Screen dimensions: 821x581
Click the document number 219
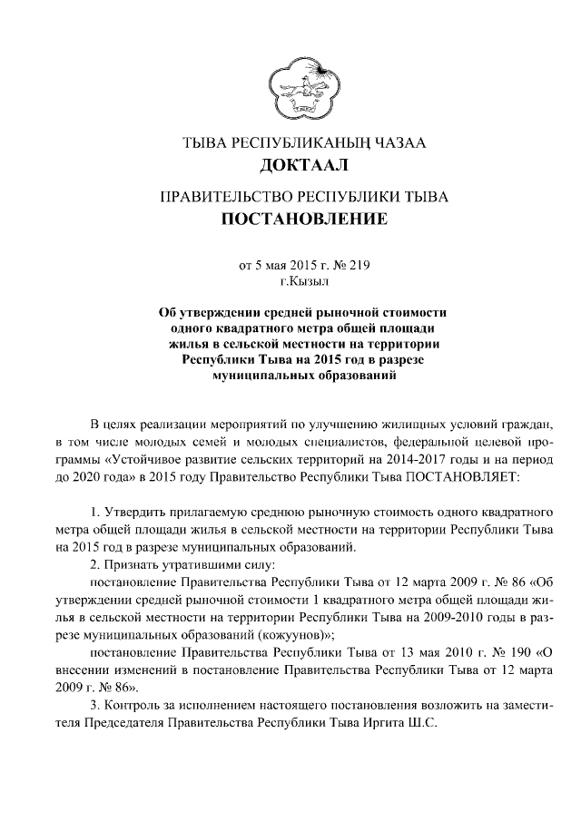359,267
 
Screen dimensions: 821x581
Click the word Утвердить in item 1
138,514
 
